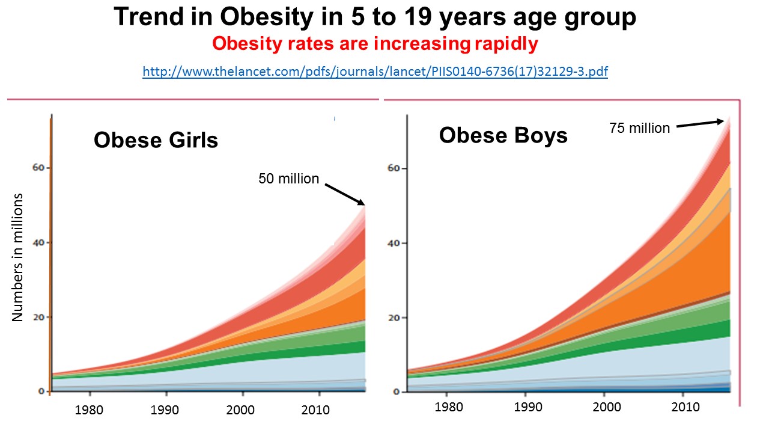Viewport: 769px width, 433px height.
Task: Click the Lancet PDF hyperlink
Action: point(375,72)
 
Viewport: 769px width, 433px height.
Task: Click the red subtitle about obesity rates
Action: point(375,44)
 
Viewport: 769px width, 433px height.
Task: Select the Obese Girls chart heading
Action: point(156,140)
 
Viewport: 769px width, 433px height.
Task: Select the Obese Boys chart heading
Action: point(503,135)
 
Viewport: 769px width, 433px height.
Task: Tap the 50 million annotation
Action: point(288,179)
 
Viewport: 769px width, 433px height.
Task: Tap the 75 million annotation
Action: point(639,128)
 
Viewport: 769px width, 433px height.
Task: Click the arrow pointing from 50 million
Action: point(345,193)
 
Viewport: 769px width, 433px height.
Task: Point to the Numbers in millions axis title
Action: point(17,257)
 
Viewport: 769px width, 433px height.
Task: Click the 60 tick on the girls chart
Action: point(39,168)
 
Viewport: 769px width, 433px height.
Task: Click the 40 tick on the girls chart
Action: point(39,242)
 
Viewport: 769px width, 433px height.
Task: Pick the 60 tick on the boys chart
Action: point(394,168)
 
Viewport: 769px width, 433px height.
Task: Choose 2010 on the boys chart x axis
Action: point(685,407)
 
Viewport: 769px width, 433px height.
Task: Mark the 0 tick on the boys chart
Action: point(397,392)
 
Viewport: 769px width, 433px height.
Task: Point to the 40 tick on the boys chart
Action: point(394,243)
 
